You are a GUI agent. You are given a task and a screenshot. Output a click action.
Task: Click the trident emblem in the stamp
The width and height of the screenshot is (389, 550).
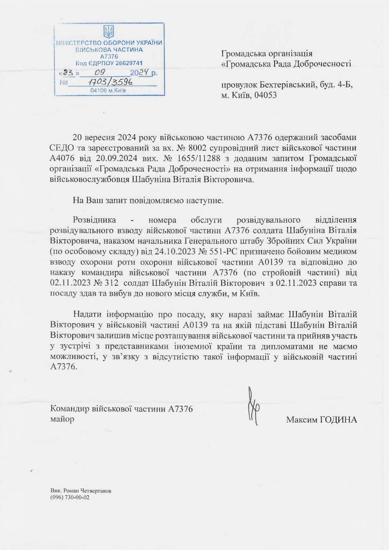(x=109, y=31)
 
